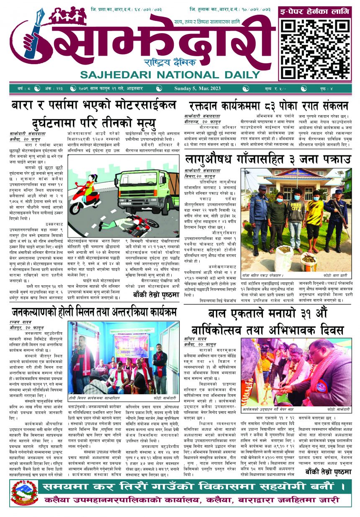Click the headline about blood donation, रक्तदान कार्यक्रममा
(267, 106)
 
